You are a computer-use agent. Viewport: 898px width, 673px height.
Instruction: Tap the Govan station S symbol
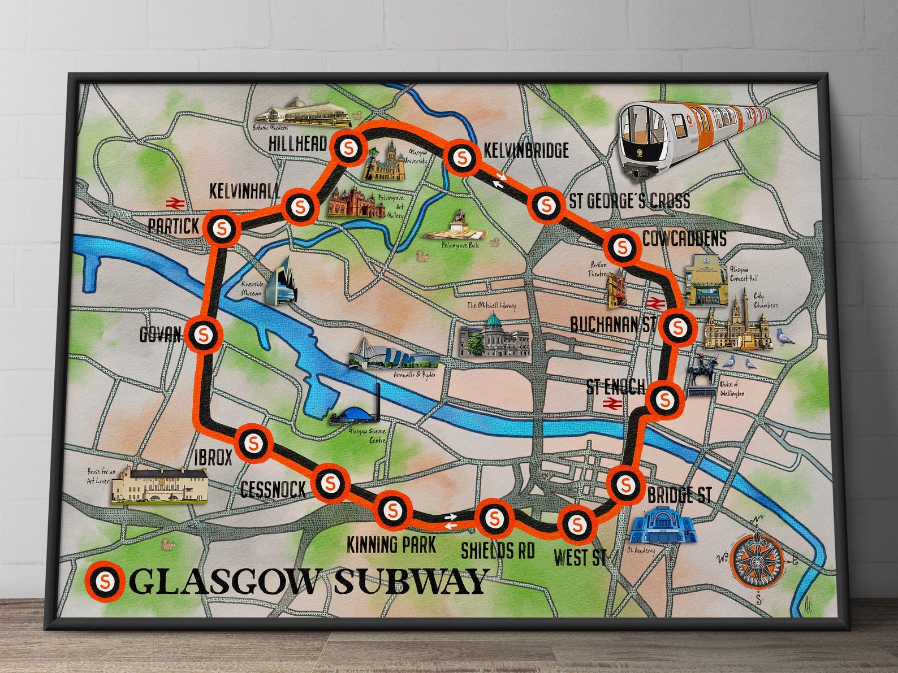click(204, 335)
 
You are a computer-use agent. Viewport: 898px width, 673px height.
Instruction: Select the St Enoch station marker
click(664, 400)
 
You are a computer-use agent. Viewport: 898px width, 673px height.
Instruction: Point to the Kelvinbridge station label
click(526, 150)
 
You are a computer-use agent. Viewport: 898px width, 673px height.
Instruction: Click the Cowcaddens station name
click(684, 238)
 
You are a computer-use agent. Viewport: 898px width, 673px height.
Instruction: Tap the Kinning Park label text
click(391, 544)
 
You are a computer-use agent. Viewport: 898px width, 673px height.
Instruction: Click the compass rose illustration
click(756, 561)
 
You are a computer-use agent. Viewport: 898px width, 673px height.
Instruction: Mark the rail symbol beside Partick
click(173, 202)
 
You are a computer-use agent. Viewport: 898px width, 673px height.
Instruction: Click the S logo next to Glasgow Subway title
click(106, 580)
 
